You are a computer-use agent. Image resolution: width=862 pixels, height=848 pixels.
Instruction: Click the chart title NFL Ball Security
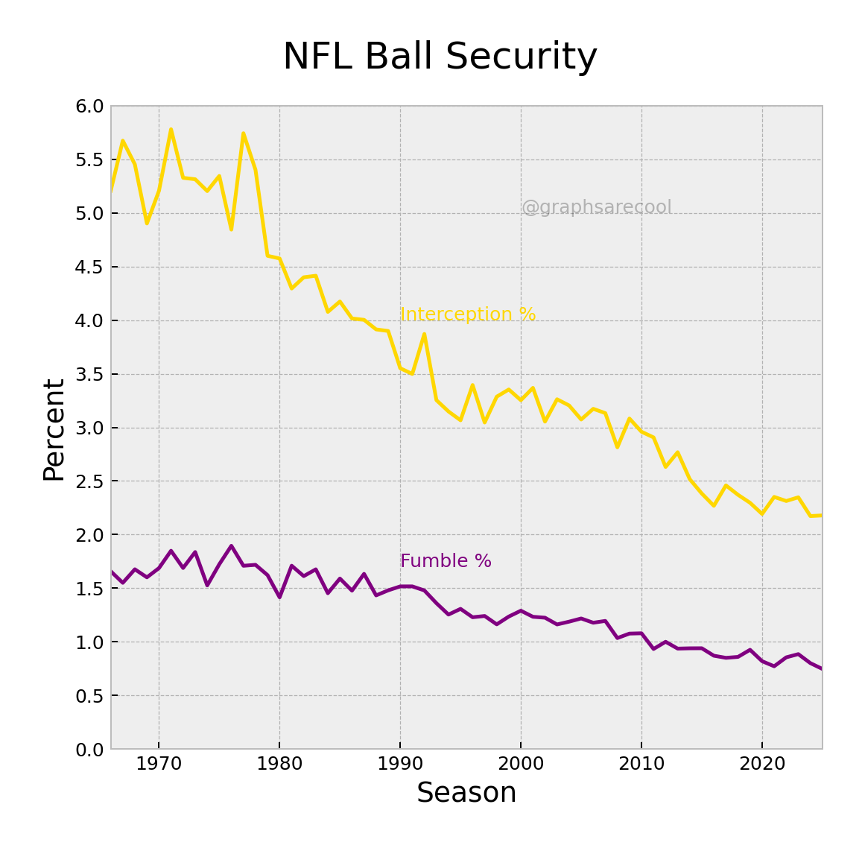click(x=440, y=57)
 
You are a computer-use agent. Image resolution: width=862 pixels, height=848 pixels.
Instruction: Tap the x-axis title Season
click(x=466, y=793)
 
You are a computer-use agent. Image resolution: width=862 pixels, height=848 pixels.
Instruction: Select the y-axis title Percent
click(x=54, y=430)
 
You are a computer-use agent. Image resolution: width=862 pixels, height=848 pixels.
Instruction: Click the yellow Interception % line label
click(x=468, y=314)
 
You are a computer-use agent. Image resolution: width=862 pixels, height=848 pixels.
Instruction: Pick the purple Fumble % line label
click(x=446, y=561)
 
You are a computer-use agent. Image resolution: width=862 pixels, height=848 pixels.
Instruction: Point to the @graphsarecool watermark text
click(x=596, y=207)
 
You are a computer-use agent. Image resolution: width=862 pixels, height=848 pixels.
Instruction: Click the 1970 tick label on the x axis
click(x=159, y=764)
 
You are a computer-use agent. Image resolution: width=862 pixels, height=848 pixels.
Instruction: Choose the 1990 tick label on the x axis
click(x=400, y=764)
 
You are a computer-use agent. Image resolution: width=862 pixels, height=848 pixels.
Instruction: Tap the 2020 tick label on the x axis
click(x=762, y=764)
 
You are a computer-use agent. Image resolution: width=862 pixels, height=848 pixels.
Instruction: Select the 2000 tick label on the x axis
click(x=521, y=764)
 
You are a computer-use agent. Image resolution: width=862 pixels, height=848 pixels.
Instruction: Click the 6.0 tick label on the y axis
click(x=89, y=107)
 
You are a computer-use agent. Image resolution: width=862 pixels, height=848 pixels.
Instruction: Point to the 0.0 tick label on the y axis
click(x=89, y=749)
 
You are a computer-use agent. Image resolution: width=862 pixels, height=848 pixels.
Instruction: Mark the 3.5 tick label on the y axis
click(x=89, y=374)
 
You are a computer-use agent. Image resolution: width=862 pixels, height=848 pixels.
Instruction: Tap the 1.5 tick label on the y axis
click(x=89, y=589)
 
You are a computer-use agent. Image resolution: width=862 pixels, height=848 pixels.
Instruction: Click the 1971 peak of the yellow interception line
click(x=171, y=130)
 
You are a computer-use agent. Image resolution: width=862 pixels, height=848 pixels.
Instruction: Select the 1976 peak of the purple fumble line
click(x=231, y=545)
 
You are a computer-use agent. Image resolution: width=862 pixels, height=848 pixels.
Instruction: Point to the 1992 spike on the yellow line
click(x=424, y=334)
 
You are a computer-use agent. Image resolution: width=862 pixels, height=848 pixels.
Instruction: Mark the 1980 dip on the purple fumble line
click(x=279, y=597)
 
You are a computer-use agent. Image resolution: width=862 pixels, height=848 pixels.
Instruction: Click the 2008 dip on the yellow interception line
click(x=617, y=447)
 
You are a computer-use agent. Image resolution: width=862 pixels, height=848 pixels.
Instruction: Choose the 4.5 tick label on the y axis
click(x=89, y=267)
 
